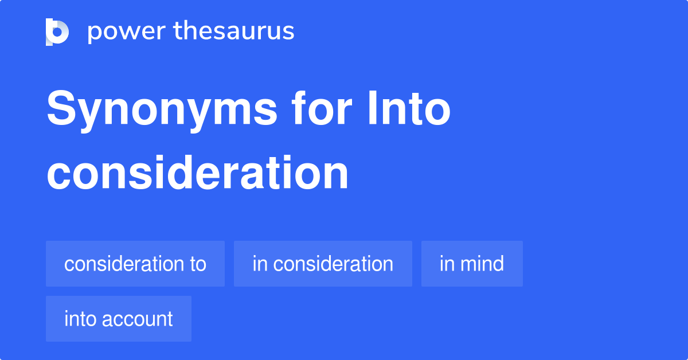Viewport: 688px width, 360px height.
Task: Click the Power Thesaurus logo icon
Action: coord(57,32)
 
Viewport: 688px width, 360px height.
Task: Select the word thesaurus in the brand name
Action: coord(234,32)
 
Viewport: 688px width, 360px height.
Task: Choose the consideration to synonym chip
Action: coord(135,264)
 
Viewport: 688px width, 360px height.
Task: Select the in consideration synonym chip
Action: coord(323,264)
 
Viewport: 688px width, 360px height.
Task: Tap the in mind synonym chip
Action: coord(472,264)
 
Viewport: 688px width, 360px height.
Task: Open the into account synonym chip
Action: coord(119,319)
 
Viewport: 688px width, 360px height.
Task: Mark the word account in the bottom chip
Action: coord(139,319)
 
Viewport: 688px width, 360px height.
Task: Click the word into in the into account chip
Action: coord(80,319)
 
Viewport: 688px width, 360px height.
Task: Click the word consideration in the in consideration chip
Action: coord(333,264)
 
